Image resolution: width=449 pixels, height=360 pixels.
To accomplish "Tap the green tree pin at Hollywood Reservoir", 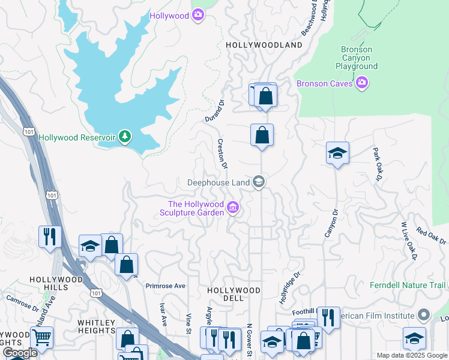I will coord(125,137).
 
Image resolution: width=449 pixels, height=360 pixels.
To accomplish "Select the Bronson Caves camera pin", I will coord(361,83).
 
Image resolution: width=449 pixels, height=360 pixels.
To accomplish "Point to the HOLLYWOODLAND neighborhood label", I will coord(264,45).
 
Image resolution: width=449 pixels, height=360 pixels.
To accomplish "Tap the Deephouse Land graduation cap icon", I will coord(259,181).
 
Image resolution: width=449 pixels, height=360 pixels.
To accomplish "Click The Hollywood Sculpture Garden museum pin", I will coord(234,209).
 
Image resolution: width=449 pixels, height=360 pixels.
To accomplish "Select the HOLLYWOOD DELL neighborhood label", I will coord(234,294).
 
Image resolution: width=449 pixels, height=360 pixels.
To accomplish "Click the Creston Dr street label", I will coord(222,154).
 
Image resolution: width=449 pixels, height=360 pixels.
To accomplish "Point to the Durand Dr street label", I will coord(214,111).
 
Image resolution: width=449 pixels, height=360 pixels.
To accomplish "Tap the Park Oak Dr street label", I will coord(377,164).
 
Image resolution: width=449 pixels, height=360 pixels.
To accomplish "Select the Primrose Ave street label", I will coord(165,286).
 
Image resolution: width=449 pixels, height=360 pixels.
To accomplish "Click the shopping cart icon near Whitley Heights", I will coord(41,337).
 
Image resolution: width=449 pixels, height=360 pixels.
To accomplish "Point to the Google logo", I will coord(19,353).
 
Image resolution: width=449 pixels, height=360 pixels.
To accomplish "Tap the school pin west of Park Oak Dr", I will coord(337,154).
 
